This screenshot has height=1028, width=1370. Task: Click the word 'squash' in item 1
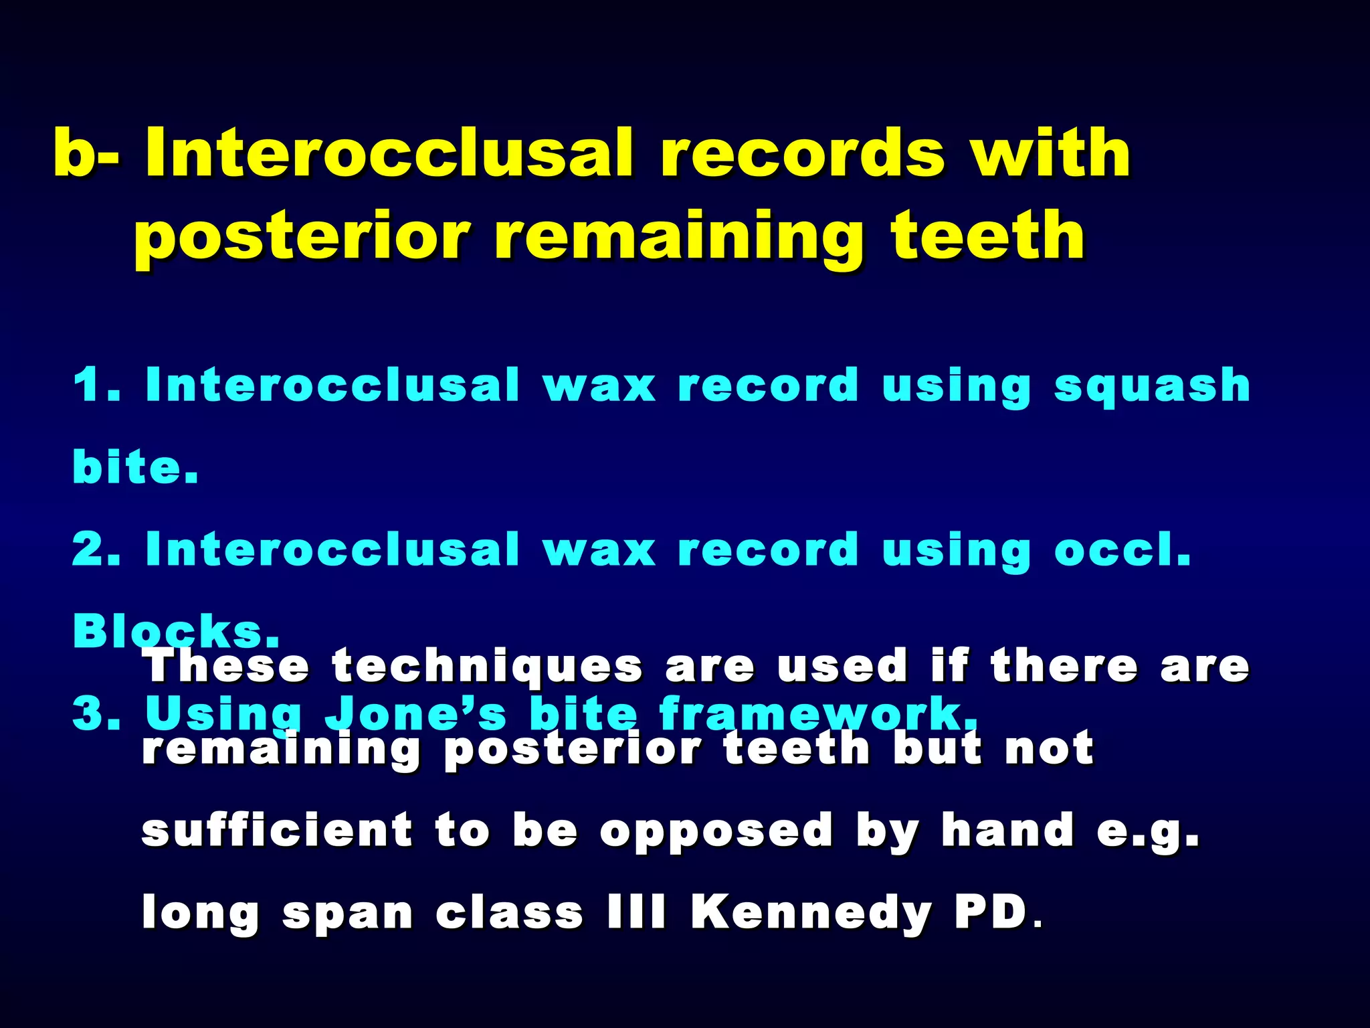point(1152,385)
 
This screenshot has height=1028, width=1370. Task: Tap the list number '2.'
point(96,549)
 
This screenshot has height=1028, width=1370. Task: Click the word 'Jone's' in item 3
point(416,713)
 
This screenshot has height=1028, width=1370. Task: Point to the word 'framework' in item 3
point(816,713)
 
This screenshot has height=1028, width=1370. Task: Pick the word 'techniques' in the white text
point(487,667)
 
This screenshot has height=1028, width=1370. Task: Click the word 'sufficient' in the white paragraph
point(277,831)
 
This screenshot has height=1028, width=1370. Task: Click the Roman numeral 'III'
point(637,913)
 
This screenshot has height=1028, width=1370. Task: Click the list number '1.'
point(96,385)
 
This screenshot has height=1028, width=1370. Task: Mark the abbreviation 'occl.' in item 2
point(1122,549)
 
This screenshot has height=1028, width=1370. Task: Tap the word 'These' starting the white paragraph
point(227,667)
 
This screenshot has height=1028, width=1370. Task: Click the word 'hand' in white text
point(1007,831)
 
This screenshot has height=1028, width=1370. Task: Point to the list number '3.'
point(96,714)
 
